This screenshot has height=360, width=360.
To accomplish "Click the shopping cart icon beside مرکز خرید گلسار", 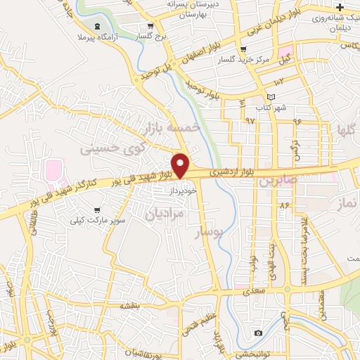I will tap(244, 49).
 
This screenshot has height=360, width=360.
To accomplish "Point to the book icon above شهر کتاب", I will tap(271, 97).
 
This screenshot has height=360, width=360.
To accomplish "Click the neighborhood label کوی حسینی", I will tap(103, 149).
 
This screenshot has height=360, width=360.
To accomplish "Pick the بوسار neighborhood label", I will tap(212, 232).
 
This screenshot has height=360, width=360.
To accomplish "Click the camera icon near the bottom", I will tap(259, 333).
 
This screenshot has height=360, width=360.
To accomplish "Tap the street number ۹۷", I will tap(250, 120).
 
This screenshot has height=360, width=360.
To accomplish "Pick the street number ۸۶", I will tap(284, 205).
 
